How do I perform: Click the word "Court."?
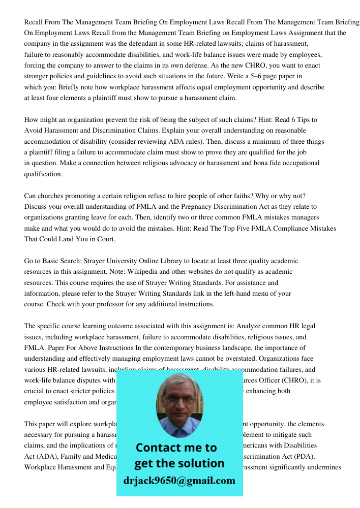104,239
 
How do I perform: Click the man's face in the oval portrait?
179,400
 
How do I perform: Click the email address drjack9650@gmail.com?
179,480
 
